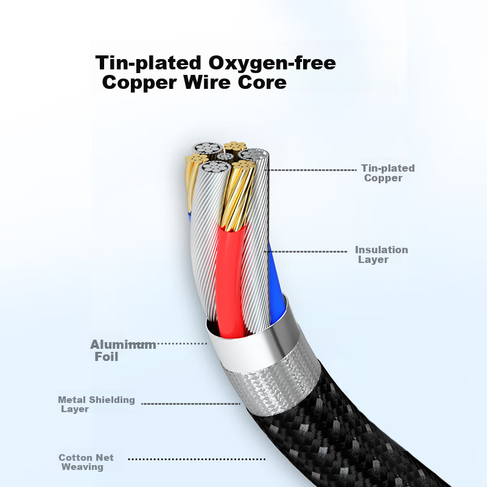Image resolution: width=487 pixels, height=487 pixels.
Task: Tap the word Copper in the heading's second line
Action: [139, 83]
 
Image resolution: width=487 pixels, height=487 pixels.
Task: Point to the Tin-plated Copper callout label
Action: [388, 173]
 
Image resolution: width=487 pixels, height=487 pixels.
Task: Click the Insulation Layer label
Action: [382, 254]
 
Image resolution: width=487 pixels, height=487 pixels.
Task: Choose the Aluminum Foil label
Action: [123, 351]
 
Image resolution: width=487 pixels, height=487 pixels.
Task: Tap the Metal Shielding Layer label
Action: [96, 404]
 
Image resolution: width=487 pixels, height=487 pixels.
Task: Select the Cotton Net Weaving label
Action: [86, 462]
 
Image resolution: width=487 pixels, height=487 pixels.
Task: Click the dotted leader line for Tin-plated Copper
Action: [312, 170]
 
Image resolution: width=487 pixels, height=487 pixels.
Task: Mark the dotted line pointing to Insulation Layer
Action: [306, 251]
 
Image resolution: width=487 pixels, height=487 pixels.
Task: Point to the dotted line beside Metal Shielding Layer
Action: [191, 404]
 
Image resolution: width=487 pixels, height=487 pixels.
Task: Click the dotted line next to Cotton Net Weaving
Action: [197, 459]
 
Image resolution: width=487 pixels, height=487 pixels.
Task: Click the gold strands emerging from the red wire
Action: [237, 195]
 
